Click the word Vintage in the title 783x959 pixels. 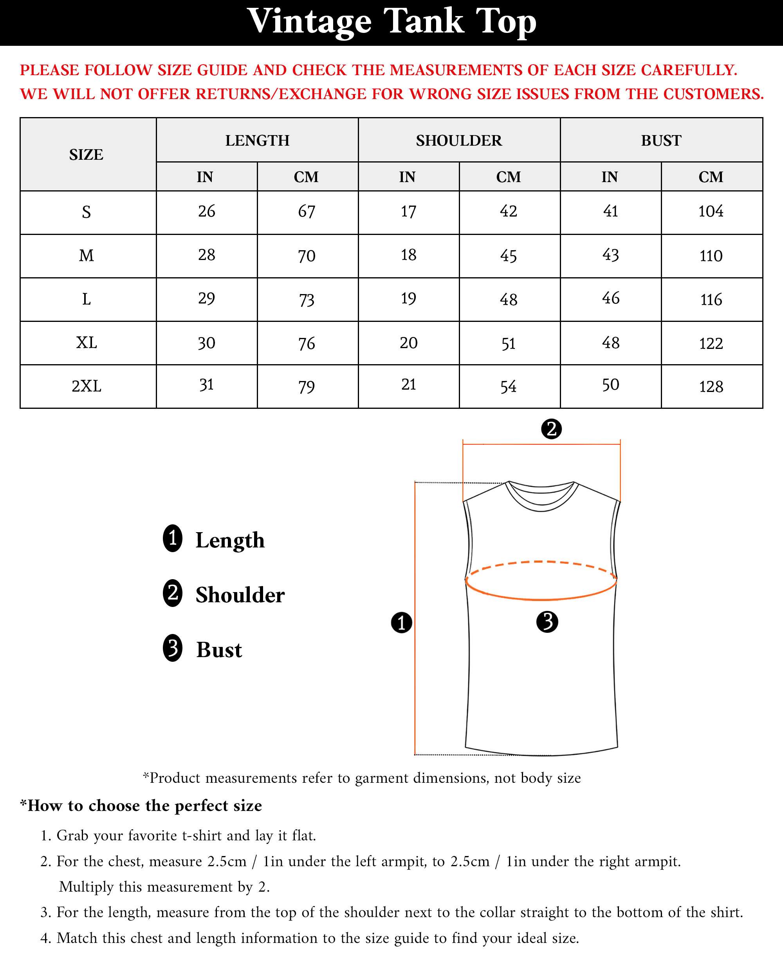tap(309, 22)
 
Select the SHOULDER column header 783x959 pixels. tap(459, 140)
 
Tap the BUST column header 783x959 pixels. tap(661, 140)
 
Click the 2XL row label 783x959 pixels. tap(87, 386)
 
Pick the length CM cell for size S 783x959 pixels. tap(307, 211)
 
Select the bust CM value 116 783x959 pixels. tap(711, 300)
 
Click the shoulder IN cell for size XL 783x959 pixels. tap(408, 343)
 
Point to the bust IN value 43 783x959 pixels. tap(610, 255)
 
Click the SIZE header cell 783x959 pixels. tap(86, 154)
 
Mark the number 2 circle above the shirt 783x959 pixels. tap(551, 428)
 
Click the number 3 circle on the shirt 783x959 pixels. tap(547, 622)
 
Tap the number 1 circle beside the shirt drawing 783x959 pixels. tap(401, 623)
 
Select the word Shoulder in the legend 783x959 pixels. tap(240, 595)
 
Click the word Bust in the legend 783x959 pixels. tap(219, 650)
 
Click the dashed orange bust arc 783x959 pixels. tap(541, 562)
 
